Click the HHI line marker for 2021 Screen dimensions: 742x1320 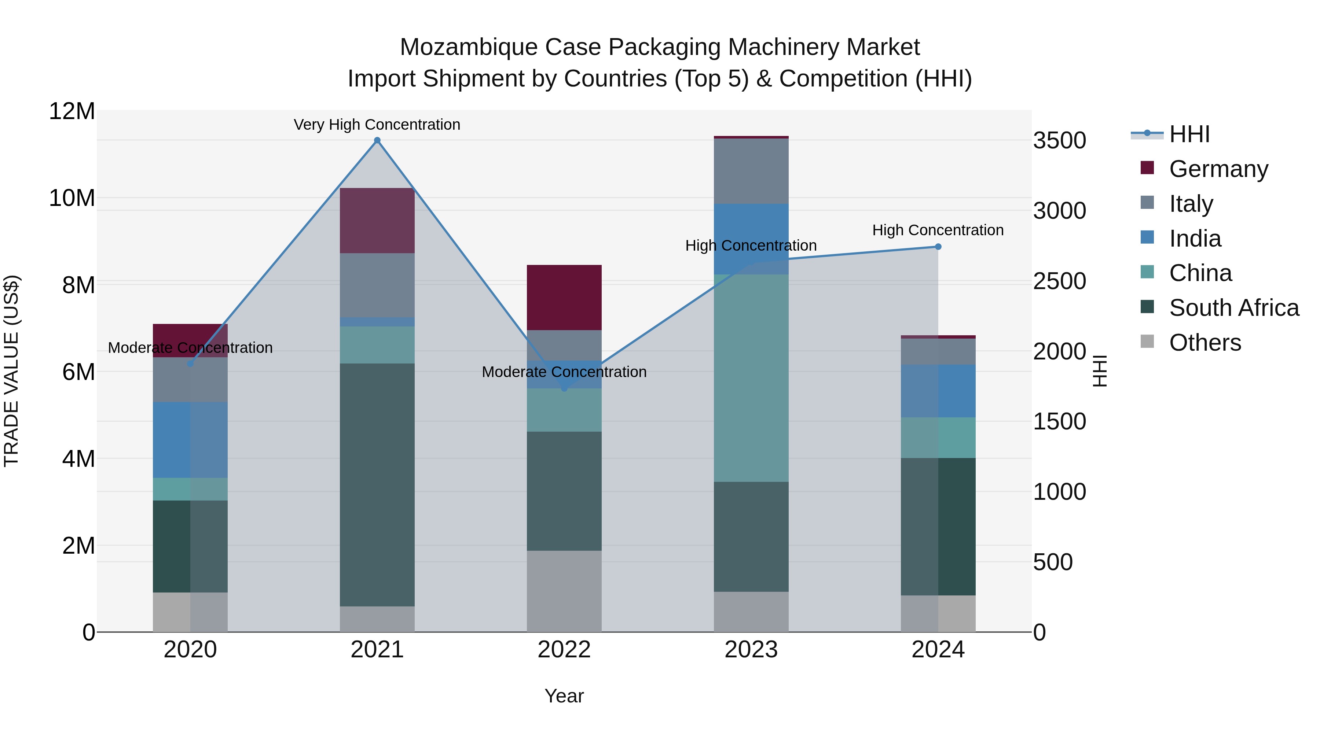(x=377, y=140)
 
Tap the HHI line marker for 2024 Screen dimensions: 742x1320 (x=938, y=247)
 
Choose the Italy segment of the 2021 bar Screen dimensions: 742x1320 (x=377, y=285)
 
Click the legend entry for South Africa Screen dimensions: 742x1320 (x=1233, y=308)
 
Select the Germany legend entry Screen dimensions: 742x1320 (x=1218, y=169)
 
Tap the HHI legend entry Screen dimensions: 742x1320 (x=1189, y=134)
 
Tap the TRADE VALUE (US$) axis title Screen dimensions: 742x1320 (x=12, y=371)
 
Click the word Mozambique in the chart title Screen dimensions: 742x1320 (x=468, y=47)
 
